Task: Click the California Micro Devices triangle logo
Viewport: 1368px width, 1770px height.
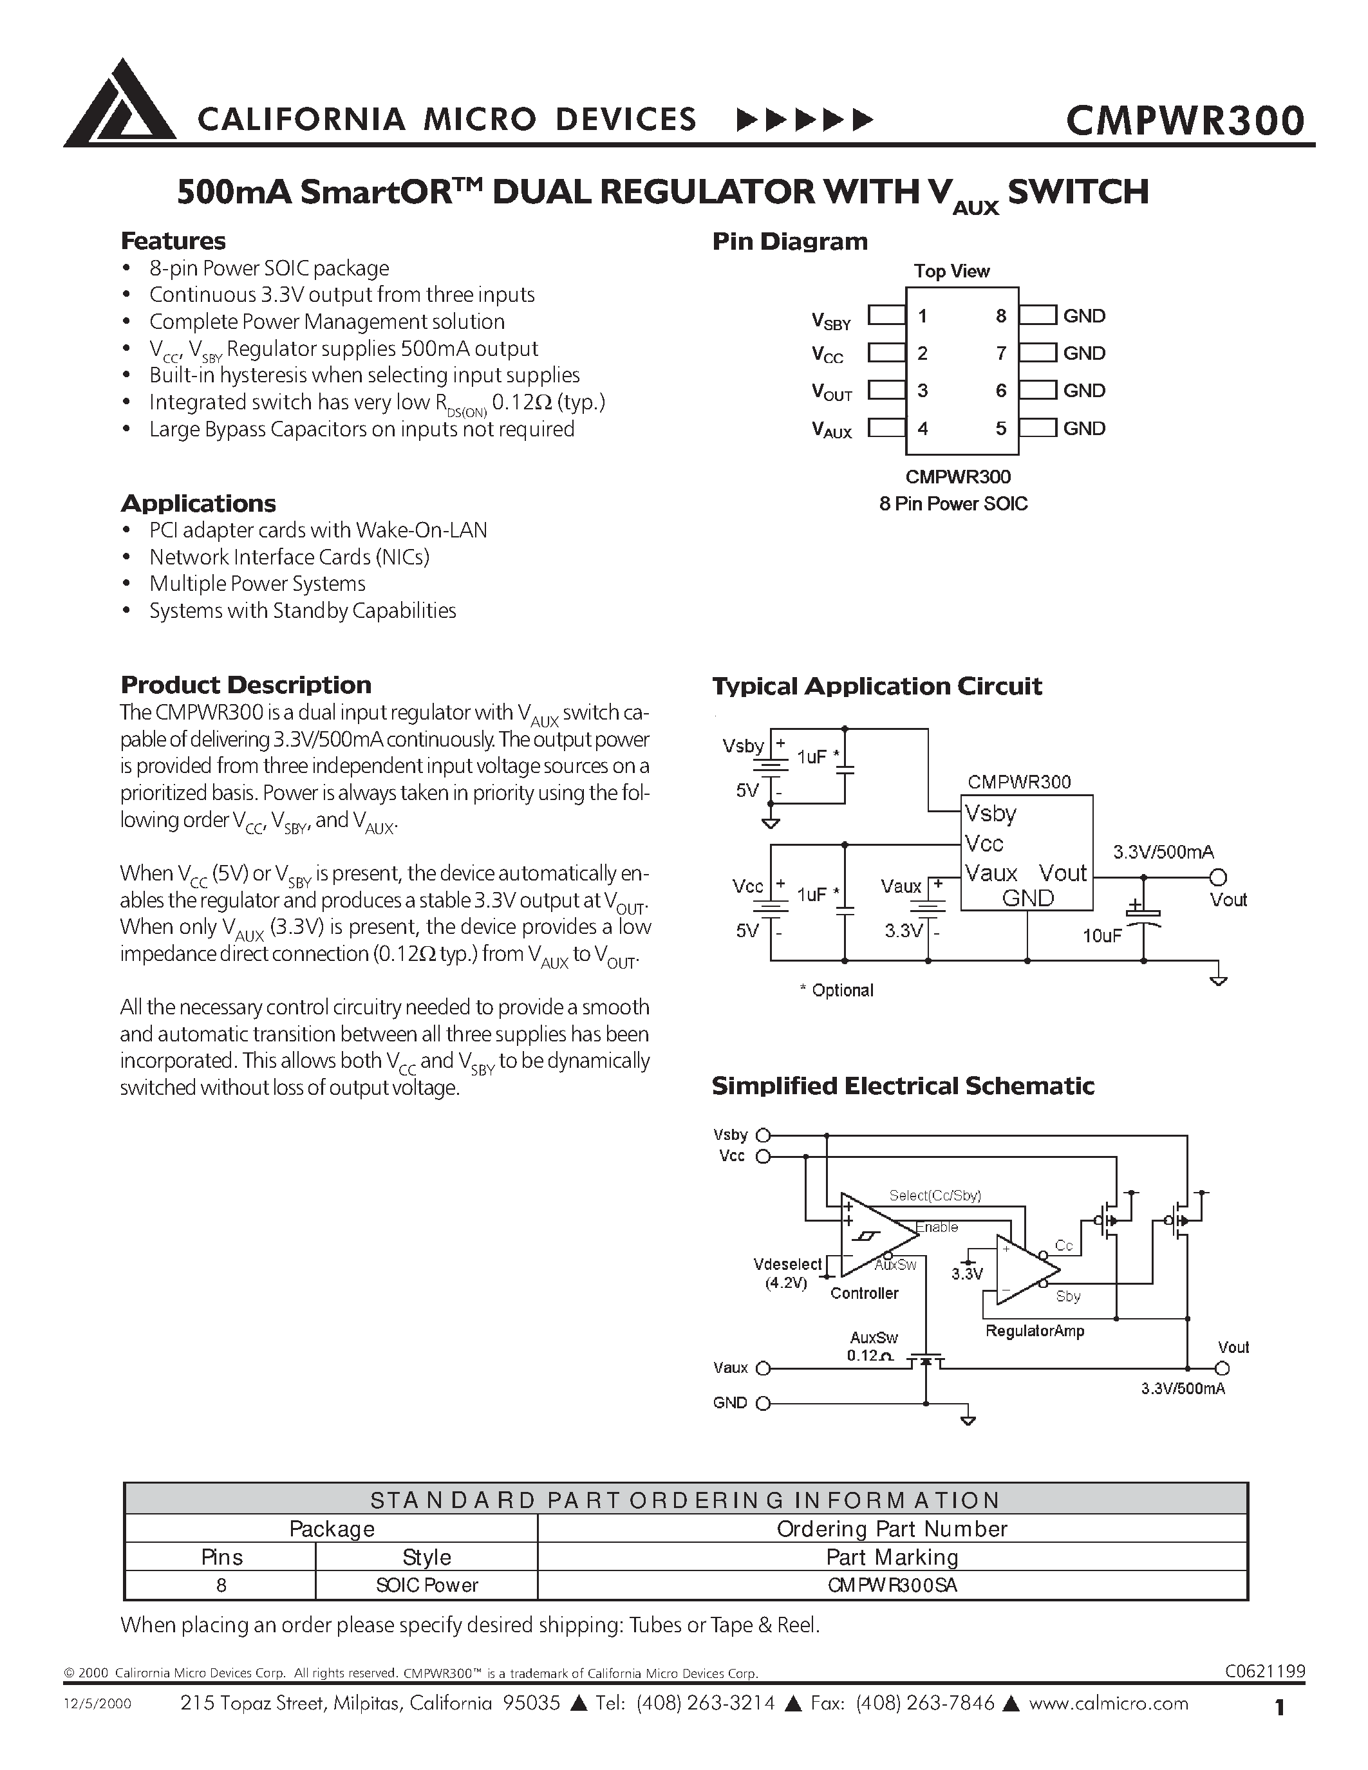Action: click(x=120, y=104)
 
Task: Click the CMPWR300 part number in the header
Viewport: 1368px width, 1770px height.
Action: click(x=1184, y=120)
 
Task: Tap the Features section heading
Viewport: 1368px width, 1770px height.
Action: click(x=173, y=241)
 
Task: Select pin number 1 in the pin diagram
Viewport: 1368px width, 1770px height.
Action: click(x=923, y=316)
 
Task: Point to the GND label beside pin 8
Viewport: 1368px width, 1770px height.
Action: click(x=1083, y=316)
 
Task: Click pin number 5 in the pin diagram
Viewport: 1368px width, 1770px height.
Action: click(x=1001, y=428)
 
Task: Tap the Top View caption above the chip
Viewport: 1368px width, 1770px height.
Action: click(x=951, y=271)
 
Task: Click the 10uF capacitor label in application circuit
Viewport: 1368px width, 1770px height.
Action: click(x=1101, y=936)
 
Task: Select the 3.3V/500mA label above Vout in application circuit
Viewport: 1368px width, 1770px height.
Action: click(x=1163, y=852)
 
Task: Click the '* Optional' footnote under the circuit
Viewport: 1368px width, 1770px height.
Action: click(x=836, y=991)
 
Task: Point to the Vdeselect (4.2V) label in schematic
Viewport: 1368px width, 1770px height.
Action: click(x=787, y=1273)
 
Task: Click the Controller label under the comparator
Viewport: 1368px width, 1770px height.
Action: click(x=864, y=1294)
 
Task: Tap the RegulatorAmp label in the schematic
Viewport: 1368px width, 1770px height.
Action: click(x=1034, y=1331)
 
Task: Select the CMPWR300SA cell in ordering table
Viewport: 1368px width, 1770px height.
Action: click(x=892, y=1585)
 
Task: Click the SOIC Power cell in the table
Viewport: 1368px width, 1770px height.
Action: click(x=426, y=1585)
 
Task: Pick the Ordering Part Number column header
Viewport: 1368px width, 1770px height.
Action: click(x=892, y=1529)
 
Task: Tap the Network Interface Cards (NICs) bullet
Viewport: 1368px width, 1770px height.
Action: click(x=288, y=557)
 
